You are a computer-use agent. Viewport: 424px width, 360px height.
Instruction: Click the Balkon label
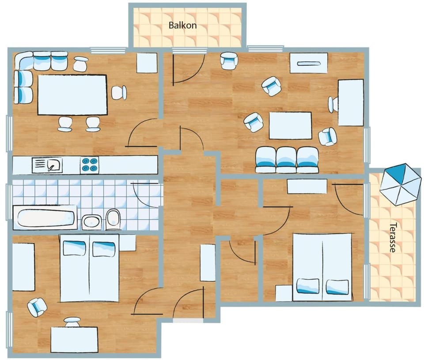[182, 25]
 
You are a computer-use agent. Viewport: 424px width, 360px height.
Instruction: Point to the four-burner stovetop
[90, 165]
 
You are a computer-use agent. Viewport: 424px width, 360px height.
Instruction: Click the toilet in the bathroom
[114, 219]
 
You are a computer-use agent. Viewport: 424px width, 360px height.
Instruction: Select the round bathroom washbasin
[91, 222]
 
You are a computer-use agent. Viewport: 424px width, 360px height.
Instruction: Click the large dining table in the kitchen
[72, 95]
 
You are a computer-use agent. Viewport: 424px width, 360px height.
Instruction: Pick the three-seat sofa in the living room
[287, 160]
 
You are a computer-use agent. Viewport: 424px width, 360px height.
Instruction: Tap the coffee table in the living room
[291, 125]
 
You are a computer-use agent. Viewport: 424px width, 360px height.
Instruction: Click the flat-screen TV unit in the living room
[309, 63]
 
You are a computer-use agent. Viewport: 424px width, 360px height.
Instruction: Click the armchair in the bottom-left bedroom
[37, 307]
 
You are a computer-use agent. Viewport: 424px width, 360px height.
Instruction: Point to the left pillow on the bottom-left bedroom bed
[74, 248]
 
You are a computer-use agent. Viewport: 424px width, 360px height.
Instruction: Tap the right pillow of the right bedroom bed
[337, 287]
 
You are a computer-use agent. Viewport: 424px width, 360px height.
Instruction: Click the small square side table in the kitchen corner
[147, 63]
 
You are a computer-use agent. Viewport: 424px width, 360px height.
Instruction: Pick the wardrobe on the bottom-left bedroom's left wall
[23, 267]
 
